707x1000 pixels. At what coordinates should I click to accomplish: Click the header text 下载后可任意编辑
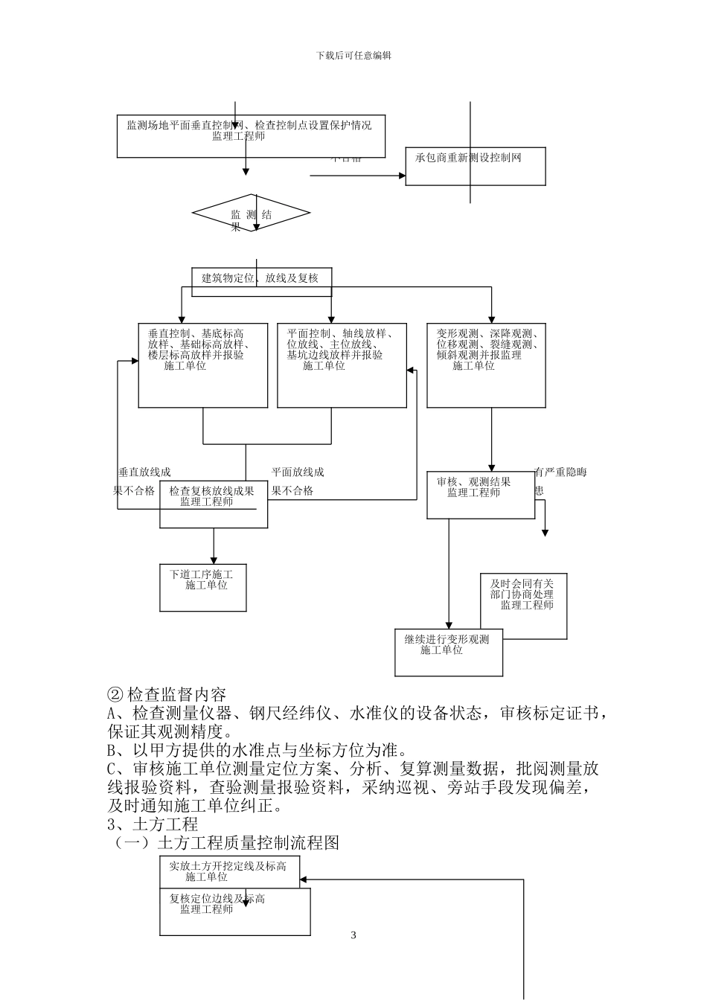(353, 55)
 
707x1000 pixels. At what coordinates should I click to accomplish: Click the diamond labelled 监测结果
(251, 214)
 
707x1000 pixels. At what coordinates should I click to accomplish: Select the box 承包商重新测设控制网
(476, 166)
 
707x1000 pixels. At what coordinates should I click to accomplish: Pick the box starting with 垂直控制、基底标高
(203, 365)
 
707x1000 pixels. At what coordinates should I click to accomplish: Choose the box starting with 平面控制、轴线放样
(342, 365)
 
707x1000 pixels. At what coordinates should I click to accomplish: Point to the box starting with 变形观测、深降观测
(486, 365)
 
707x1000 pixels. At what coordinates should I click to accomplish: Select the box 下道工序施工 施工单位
(203, 588)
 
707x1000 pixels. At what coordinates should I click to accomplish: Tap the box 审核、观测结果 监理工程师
(481, 495)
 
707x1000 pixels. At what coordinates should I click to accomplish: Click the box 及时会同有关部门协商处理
(522, 606)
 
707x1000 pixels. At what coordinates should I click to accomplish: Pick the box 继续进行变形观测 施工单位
(448, 652)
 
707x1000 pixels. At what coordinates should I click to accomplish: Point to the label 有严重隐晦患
(560, 481)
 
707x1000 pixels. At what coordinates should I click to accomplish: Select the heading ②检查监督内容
(167, 695)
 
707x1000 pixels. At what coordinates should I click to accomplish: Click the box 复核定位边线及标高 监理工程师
(234, 911)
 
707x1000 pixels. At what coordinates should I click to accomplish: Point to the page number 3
(353, 935)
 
